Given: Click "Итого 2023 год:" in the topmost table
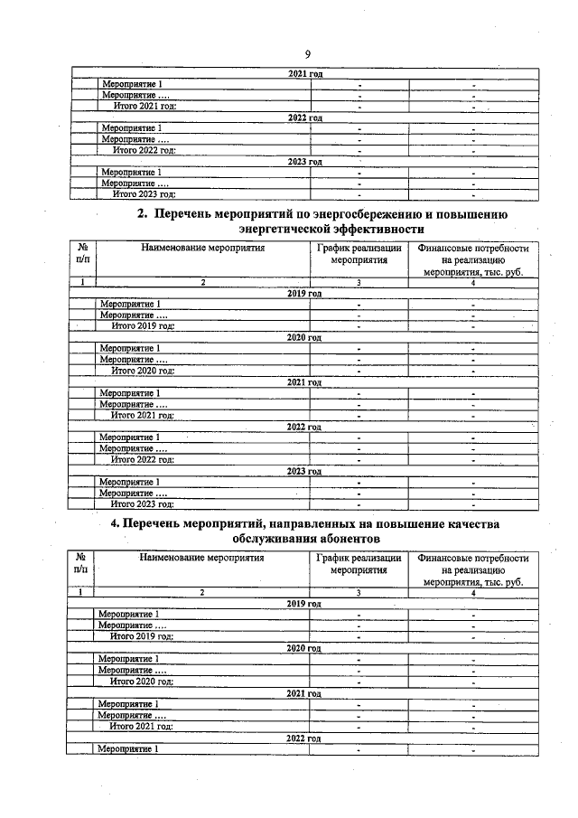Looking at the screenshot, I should (x=144, y=193).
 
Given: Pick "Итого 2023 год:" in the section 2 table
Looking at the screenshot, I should (x=142, y=503).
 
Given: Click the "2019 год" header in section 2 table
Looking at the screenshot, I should (x=303, y=294).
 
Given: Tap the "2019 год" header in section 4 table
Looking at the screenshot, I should (x=303, y=603).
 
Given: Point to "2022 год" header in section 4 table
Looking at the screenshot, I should (x=303, y=738).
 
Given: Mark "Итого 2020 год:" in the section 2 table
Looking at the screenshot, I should (x=142, y=371).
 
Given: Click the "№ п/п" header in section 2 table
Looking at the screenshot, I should (x=82, y=254).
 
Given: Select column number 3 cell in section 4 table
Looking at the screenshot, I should (x=358, y=592).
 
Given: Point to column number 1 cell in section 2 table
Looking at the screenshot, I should (x=82, y=283).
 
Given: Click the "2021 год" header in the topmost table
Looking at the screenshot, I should (x=303, y=74).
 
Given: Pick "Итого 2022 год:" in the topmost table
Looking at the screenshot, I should (x=144, y=150).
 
